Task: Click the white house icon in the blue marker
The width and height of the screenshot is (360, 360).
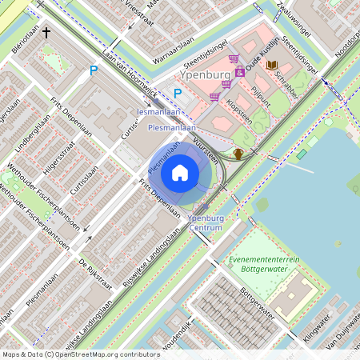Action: pyautogui.click(x=180, y=173)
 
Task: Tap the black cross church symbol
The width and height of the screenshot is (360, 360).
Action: pyautogui.click(x=46, y=33)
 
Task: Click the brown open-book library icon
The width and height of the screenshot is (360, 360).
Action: pyautogui.click(x=272, y=64)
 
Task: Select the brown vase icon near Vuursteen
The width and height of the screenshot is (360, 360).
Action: pyautogui.click(x=238, y=153)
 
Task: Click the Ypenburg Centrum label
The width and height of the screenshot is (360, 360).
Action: pyautogui.click(x=206, y=222)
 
